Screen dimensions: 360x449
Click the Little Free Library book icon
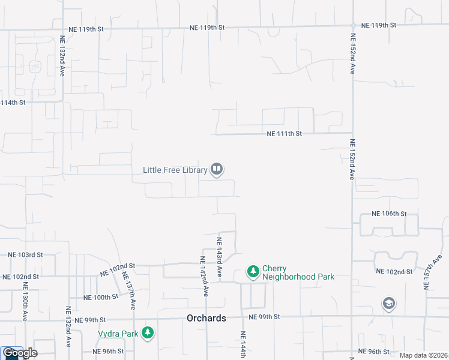click(217, 170)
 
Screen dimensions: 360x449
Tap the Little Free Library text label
click(175, 170)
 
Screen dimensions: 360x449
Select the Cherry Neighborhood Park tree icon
click(253, 272)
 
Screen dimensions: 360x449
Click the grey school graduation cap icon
click(388, 304)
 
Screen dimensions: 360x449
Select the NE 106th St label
click(389, 214)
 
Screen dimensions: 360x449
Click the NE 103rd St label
click(25, 255)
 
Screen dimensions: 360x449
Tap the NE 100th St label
click(101, 298)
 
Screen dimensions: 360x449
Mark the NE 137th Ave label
click(128, 290)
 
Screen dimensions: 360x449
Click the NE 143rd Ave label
click(220, 257)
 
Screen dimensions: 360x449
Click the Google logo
click(20, 353)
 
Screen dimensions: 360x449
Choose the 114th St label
click(13, 103)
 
